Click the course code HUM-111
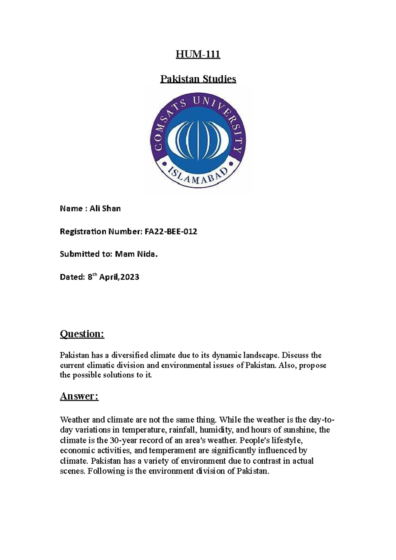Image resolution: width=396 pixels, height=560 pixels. (x=198, y=54)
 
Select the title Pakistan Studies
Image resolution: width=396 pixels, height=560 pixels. (x=198, y=79)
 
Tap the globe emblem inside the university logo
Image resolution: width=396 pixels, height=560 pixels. (x=198, y=139)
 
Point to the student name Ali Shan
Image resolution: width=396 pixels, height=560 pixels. (x=105, y=209)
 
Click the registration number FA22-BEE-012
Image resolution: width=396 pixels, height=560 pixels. (x=171, y=232)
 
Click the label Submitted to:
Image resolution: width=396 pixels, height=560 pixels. (x=86, y=254)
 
